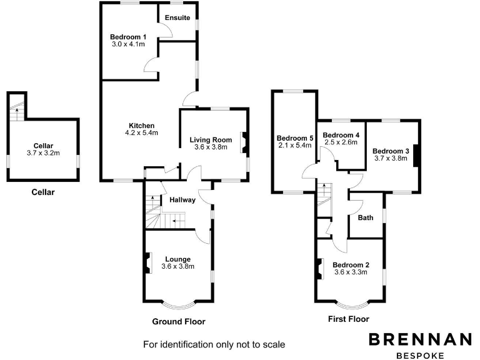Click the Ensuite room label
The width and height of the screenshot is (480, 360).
(177, 17)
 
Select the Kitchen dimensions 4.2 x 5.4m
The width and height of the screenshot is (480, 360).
(142, 132)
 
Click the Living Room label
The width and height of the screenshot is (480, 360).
(211, 139)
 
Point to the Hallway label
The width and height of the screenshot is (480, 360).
(182, 200)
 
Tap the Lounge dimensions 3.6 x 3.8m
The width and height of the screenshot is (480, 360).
(177, 266)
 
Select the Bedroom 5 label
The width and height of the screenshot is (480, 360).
(294, 138)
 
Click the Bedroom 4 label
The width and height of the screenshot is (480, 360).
(341, 135)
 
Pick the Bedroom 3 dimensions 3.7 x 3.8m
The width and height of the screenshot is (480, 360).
(391, 159)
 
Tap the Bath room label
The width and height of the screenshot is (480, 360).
(366, 218)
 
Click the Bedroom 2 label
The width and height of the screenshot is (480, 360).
(351, 264)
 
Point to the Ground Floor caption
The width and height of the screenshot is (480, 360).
(179, 322)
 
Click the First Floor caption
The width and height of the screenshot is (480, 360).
(349, 319)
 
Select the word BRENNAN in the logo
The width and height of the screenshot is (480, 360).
(419, 339)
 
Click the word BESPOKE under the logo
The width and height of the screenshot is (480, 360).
(419, 355)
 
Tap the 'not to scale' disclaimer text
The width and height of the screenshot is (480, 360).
(214, 344)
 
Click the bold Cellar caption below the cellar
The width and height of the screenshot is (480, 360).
(43, 192)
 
